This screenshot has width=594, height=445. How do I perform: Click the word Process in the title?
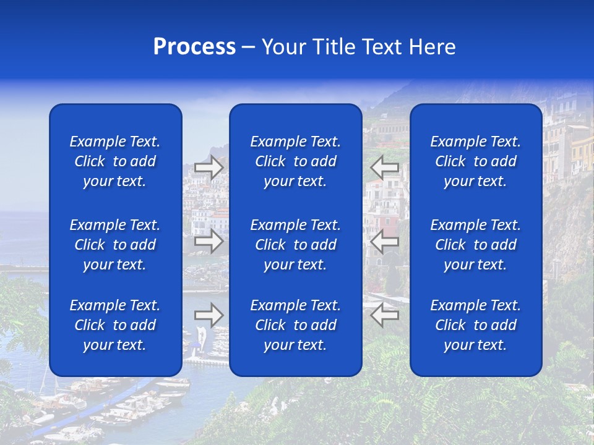(194, 47)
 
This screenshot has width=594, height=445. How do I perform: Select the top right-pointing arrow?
(209, 167)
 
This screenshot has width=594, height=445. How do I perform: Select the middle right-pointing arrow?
(209, 241)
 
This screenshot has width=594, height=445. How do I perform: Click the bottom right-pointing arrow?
(209, 315)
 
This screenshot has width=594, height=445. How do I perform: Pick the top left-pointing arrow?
(384, 167)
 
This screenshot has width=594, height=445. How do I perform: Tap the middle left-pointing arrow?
(384, 241)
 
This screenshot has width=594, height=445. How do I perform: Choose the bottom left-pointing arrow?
(384, 315)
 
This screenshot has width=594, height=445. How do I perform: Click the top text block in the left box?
(115, 161)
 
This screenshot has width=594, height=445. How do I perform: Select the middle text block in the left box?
(115, 245)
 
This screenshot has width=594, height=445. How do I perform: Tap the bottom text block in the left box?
(115, 325)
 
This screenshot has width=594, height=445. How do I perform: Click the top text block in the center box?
(295, 161)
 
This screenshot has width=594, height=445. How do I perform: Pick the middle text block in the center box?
(295, 245)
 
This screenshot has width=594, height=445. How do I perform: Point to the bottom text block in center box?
(295, 325)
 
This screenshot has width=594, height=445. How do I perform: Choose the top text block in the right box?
(475, 161)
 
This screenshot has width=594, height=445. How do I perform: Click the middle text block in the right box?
(475, 245)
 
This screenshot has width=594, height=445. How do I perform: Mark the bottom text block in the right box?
(475, 325)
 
